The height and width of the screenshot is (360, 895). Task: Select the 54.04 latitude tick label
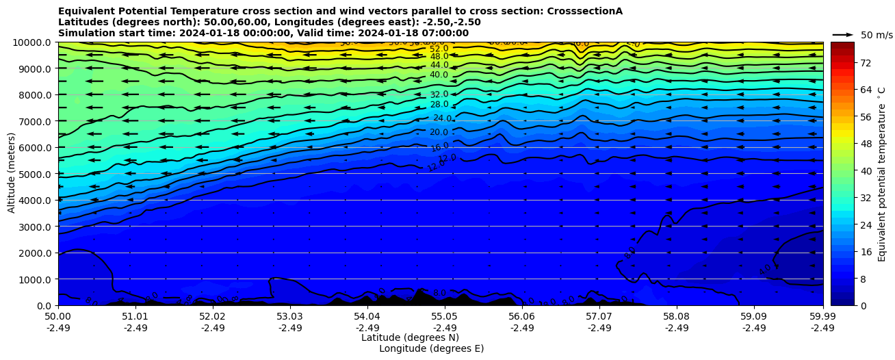[x=367, y=317]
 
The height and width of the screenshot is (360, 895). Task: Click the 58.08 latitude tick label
[x=676, y=317]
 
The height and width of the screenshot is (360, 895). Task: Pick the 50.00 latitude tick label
[x=58, y=317]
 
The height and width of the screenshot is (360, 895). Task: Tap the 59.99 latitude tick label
[x=822, y=317]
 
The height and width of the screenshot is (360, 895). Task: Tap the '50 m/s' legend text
[x=877, y=35]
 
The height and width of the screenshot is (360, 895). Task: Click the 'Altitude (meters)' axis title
[x=12, y=173]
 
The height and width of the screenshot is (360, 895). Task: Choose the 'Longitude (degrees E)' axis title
[x=431, y=348]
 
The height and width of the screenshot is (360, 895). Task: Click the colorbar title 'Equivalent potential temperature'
[x=882, y=173]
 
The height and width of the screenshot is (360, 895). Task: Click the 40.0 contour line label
[x=439, y=75]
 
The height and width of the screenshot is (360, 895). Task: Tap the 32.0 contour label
[x=439, y=94]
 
